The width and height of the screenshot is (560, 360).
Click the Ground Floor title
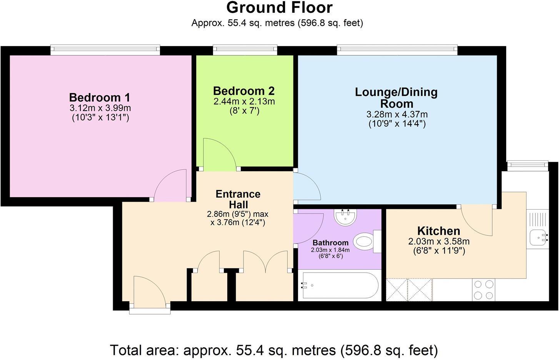(x=280, y=8)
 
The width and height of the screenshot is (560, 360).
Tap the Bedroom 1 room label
(x=100, y=97)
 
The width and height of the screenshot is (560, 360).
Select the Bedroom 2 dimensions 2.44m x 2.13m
(x=244, y=102)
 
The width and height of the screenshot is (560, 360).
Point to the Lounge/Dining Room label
(x=396, y=98)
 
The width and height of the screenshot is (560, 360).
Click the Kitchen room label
(x=438, y=231)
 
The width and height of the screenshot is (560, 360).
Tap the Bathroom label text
(x=330, y=243)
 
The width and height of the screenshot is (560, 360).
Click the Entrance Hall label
(x=238, y=199)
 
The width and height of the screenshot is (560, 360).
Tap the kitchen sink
(x=538, y=237)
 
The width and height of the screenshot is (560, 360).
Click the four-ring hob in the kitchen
(x=483, y=290)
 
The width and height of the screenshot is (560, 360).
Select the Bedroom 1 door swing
(x=171, y=185)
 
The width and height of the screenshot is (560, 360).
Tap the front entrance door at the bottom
(x=150, y=291)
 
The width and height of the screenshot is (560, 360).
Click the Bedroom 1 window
(x=105, y=49)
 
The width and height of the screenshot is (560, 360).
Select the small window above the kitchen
(x=527, y=165)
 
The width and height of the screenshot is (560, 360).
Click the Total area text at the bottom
(x=274, y=350)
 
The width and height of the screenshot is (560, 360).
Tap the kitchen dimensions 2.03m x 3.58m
(x=438, y=242)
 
